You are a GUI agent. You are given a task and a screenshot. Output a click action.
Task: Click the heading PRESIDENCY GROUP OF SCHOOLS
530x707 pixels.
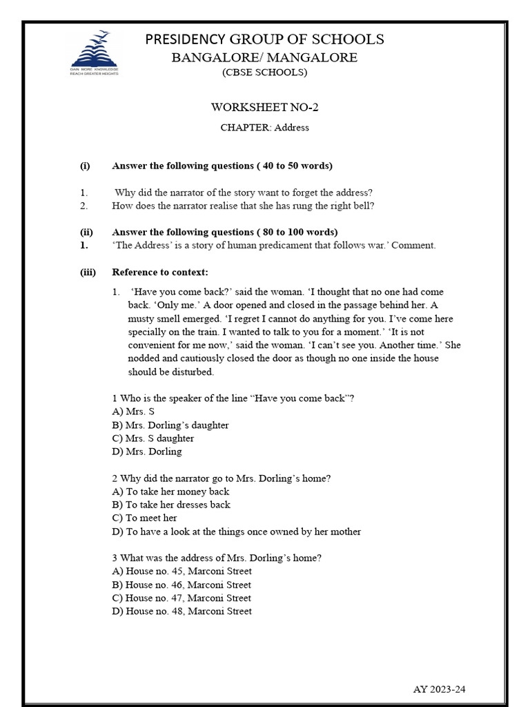pos(264,39)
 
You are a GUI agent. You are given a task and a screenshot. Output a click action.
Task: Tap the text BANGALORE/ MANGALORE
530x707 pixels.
pos(264,57)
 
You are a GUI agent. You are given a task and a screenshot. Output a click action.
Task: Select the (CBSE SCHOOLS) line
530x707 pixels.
pos(264,72)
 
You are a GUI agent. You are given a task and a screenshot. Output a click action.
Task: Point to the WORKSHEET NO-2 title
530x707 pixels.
pos(264,107)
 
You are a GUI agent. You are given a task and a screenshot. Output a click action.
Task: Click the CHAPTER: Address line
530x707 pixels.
pos(264,127)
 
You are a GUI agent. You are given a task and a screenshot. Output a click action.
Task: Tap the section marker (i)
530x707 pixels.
pos(85,166)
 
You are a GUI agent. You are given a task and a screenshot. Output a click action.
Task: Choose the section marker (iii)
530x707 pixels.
pos(88,272)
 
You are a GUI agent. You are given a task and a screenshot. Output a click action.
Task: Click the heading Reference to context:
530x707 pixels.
pos(159,272)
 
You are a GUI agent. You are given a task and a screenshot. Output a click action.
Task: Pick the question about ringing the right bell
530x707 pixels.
pos(243,206)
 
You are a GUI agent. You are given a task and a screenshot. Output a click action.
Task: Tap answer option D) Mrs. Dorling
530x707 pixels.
pos(147,452)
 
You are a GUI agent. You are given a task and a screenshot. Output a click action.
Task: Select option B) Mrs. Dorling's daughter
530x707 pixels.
pos(170,425)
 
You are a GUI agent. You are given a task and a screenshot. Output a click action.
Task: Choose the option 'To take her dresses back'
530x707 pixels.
pos(171,505)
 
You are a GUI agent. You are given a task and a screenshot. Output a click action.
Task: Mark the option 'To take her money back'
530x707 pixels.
pos(170,492)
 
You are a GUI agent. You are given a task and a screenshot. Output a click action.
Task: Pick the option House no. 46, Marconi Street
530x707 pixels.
pos(181,585)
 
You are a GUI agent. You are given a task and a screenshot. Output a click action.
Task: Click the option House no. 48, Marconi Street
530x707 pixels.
pos(181,611)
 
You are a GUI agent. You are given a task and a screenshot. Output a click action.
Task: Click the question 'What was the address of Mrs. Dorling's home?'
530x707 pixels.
pos(217,558)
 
